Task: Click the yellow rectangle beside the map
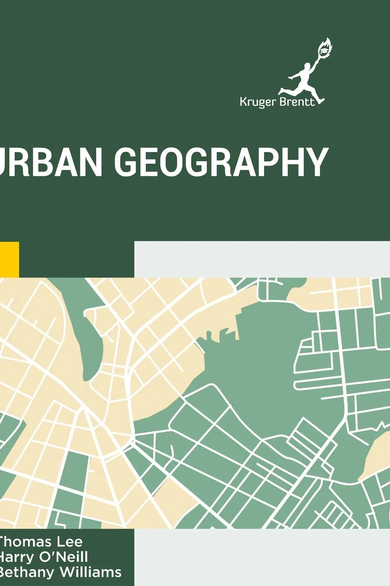(9, 259)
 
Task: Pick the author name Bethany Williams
(60, 572)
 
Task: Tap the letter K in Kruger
(243, 102)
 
